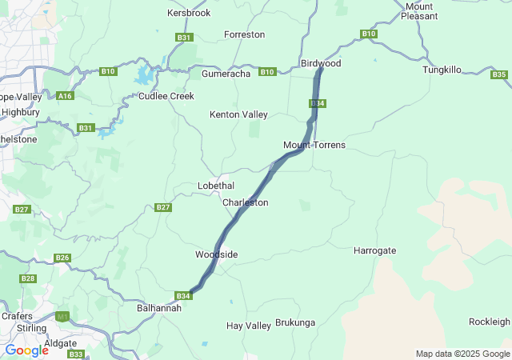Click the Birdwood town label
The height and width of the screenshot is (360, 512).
tap(321, 62)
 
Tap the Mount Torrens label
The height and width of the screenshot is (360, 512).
tap(314, 145)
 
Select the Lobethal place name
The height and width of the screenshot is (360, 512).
tap(216, 186)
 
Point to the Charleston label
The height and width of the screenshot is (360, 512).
tap(246, 202)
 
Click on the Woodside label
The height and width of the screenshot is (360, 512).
tap(216, 254)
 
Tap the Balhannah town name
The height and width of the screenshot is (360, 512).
tap(159, 308)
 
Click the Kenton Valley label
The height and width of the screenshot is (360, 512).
tap(238, 114)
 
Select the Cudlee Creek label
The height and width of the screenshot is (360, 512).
tap(166, 96)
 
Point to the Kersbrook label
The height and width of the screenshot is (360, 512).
tap(189, 14)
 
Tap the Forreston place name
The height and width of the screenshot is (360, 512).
tap(244, 35)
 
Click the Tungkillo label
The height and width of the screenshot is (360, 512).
tap(442, 70)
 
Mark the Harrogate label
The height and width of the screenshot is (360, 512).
tap(374, 250)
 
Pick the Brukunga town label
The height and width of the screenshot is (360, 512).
tap(296, 323)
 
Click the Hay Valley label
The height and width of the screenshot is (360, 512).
tap(249, 326)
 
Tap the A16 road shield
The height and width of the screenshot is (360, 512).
tap(66, 95)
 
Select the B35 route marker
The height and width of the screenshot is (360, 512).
tap(499, 74)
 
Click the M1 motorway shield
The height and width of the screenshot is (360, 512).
tap(63, 317)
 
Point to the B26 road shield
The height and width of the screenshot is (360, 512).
tap(62, 258)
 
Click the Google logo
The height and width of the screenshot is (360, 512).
tap(26, 350)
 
